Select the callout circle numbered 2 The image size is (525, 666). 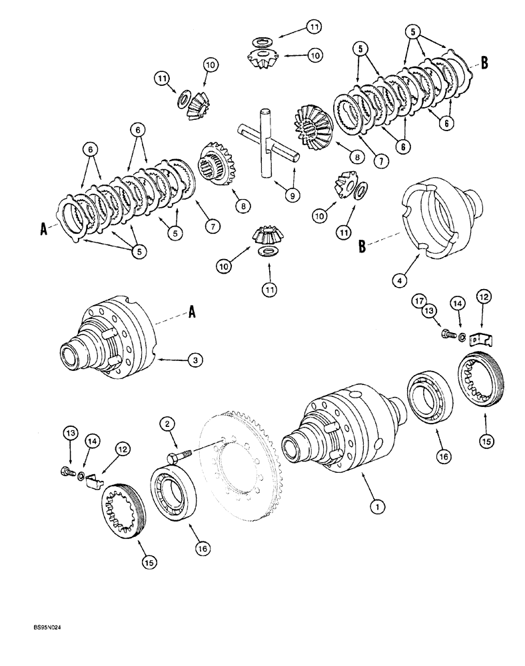167,423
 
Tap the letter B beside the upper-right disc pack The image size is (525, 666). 485,63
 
